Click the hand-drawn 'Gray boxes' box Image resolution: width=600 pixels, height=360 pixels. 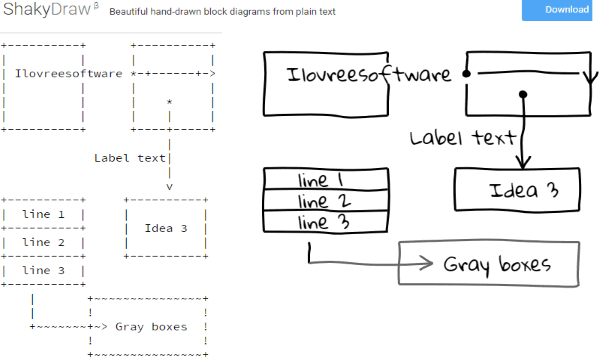tap(491, 265)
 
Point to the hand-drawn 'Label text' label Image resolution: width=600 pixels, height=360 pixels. tap(463, 137)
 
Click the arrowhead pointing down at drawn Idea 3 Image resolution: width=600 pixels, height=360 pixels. tap(522, 161)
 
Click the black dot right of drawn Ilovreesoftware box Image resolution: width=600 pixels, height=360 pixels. tap(466, 75)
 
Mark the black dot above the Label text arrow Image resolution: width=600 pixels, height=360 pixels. tap(522, 96)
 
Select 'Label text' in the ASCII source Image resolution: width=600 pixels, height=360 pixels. tap(130, 157)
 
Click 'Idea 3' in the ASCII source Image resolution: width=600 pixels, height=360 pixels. tap(166, 228)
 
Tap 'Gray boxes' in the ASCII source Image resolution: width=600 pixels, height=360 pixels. tap(151, 326)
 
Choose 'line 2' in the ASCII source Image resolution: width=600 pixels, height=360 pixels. tap(43, 242)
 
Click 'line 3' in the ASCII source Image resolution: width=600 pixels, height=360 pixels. tap(43, 270)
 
